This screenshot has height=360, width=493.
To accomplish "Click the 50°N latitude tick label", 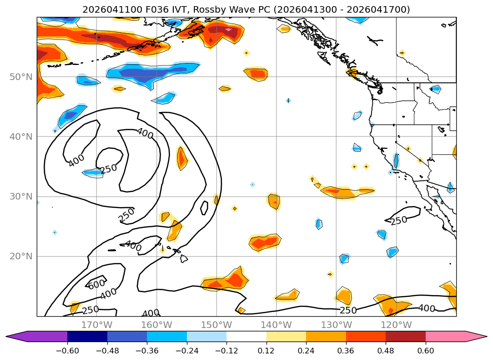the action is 21,77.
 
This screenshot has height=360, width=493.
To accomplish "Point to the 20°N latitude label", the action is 21,256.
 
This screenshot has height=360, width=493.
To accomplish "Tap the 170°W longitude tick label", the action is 97,325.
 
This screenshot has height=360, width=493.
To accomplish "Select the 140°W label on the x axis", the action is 276,325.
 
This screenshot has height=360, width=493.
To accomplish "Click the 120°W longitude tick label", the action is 396,325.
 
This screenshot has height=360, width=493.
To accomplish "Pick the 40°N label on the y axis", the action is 21,136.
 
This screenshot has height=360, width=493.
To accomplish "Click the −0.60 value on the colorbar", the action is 67,351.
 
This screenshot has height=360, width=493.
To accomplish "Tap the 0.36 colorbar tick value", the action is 346,351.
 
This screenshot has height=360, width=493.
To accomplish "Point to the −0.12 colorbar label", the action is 226,351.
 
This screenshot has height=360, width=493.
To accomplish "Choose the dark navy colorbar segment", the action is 87,336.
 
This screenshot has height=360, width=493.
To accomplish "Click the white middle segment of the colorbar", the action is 247,336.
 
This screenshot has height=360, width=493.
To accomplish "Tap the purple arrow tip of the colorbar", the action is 7,336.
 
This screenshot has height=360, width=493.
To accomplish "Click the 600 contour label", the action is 97,284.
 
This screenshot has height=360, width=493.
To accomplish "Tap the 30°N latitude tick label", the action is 21,197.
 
